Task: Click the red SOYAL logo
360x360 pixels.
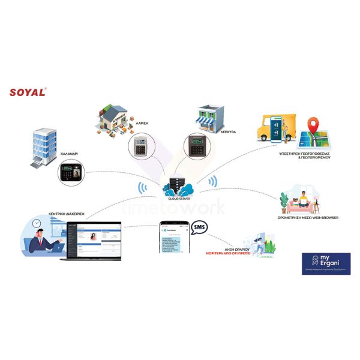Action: pyautogui.click(x=28, y=93)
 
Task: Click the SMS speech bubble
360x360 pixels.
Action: pyautogui.click(x=199, y=229)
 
